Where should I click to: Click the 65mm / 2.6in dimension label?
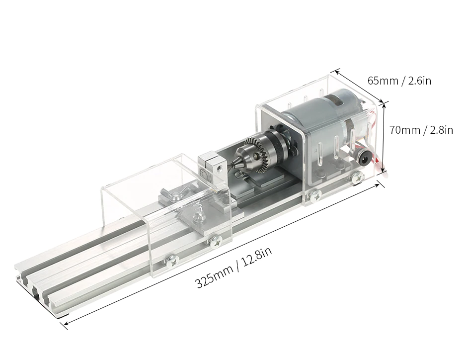pyautogui.click(x=399, y=81)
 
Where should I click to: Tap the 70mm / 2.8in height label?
pyautogui.click(x=421, y=130)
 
